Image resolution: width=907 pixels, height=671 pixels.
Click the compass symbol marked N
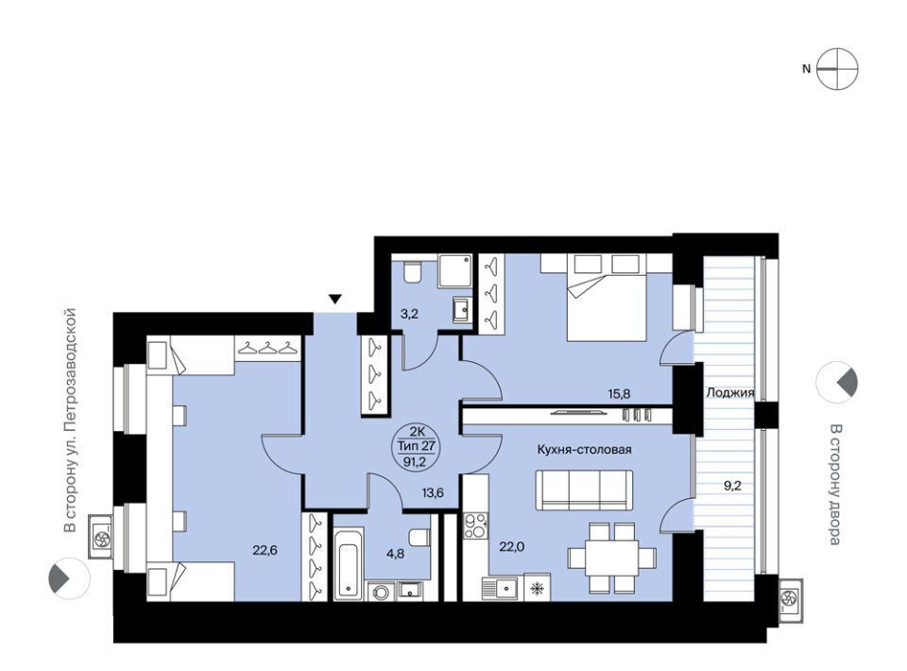[x=837, y=69]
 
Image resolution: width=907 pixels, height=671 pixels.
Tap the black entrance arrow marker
[x=334, y=299]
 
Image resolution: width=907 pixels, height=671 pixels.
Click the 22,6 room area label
[x=265, y=550]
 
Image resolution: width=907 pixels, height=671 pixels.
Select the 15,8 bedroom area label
[x=618, y=394]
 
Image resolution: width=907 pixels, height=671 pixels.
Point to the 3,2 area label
[x=409, y=314]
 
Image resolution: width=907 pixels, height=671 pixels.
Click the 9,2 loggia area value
[x=732, y=486]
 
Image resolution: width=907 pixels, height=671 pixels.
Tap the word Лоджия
[x=730, y=393]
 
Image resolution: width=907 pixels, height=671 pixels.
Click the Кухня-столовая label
[x=584, y=450]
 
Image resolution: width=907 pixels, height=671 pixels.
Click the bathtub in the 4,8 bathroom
[x=349, y=562]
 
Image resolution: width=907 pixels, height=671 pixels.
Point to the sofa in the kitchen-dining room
[x=584, y=490]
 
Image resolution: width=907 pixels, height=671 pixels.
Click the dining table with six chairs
[x=612, y=558]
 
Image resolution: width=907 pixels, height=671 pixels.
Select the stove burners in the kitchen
[x=476, y=525]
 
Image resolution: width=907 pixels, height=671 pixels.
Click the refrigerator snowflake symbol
[x=538, y=588]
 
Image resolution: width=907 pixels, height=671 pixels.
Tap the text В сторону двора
[x=833, y=485]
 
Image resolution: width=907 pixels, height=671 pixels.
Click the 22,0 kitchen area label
[x=511, y=546]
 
